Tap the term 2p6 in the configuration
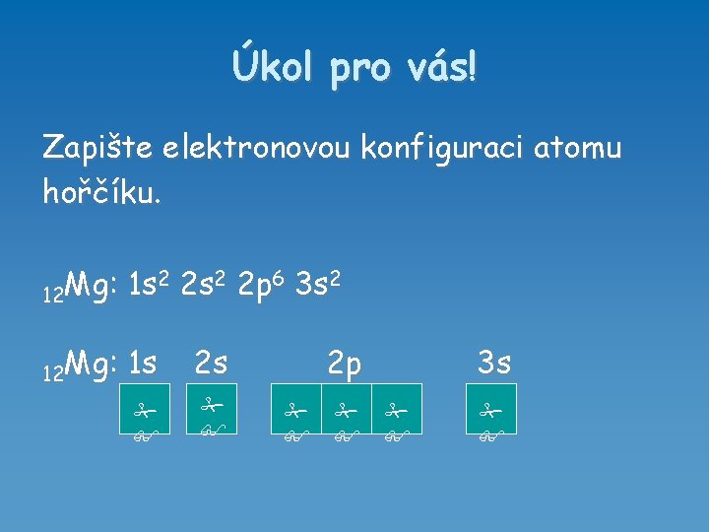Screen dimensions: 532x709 tap(263, 287)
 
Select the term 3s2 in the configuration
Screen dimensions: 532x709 tap(319, 287)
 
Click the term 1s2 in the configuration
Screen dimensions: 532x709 tap(151, 287)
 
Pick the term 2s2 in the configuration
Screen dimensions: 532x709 tap(207, 287)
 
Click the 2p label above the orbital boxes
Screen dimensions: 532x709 tap(345, 365)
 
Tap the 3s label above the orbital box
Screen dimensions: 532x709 tap(493, 364)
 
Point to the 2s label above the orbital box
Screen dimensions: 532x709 tap(211, 364)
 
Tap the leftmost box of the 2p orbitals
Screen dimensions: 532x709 tap(296, 409)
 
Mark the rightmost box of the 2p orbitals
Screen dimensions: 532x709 tap(397, 409)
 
